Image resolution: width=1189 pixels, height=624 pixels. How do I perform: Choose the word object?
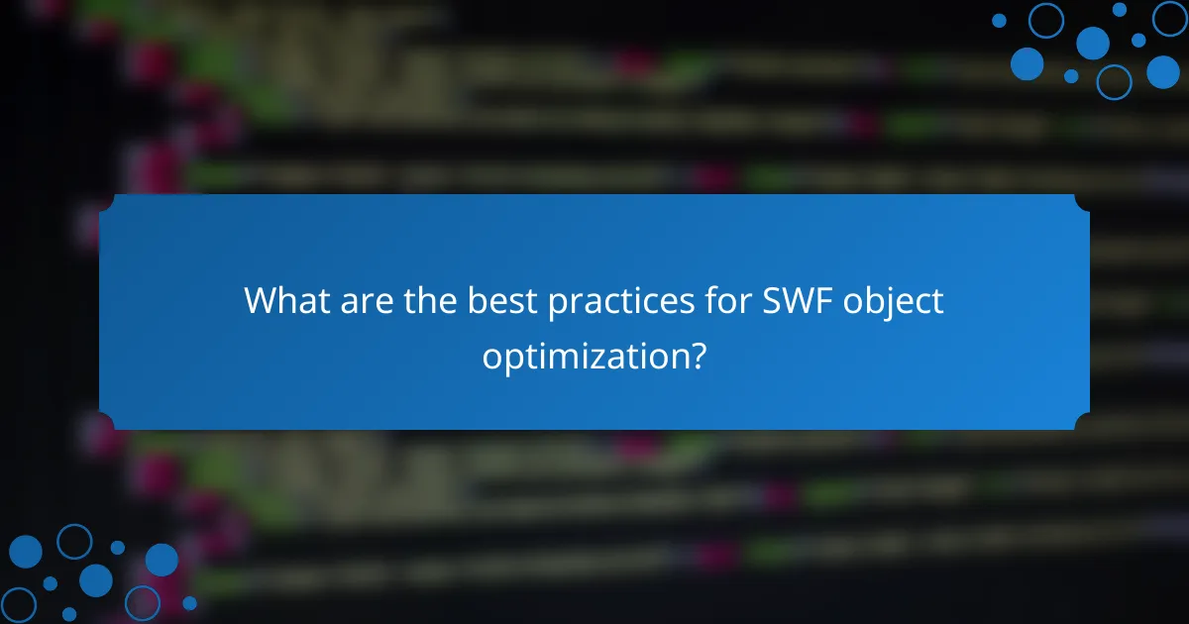(x=894, y=302)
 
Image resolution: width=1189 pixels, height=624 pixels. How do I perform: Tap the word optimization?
(x=584, y=354)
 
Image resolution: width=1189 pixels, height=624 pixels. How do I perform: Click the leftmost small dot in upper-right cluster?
(x=999, y=20)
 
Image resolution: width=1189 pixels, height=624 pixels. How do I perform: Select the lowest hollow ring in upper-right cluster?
(x=1114, y=81)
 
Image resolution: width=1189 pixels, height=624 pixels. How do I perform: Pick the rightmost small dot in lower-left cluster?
(x=189, y=602)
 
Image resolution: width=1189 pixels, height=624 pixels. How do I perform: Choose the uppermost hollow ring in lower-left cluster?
(x=74, y=542)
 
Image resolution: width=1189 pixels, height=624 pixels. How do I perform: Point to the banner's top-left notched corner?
(x=106, y=201)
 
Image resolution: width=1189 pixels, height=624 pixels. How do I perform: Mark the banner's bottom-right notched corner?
(x=1083, y=423)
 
